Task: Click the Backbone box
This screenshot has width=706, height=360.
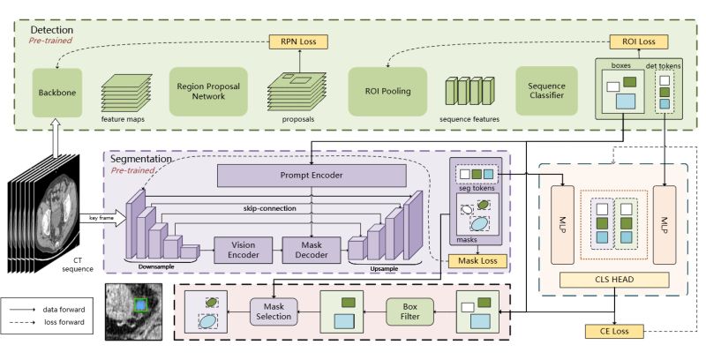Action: [x=56, y=91]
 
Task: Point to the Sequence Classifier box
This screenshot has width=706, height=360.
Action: [x=546, y=91]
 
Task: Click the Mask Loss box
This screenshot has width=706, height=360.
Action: [x=477, y=260]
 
